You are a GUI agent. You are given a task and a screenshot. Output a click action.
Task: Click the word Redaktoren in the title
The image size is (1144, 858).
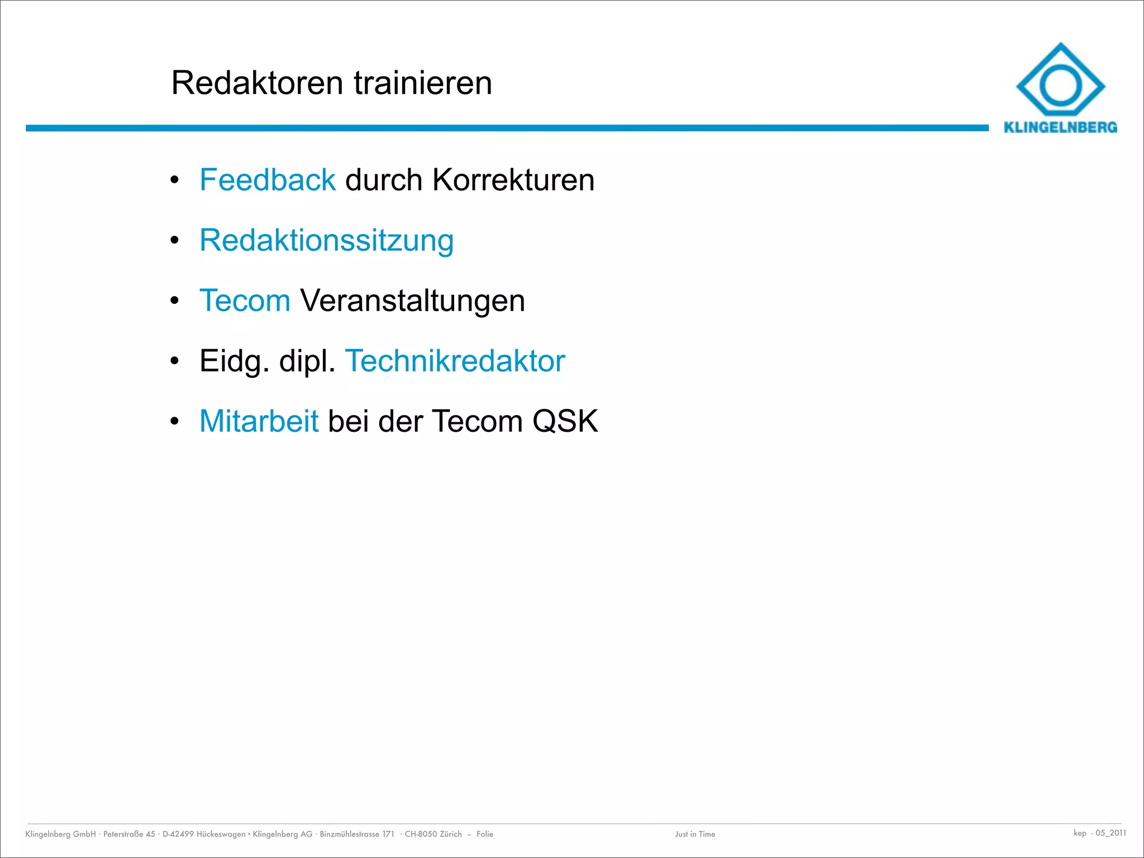[257, 83]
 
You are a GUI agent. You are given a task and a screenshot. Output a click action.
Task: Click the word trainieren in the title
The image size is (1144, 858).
[423, 83]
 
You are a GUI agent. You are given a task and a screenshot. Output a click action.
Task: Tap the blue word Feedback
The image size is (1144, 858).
[268, 180]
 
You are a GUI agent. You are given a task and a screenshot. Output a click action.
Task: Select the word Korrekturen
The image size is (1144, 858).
[513, 180]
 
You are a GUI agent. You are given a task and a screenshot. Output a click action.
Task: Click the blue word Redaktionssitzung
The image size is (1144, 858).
[326, 241]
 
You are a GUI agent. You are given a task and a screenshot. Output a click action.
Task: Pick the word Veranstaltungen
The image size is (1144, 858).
[412, 301]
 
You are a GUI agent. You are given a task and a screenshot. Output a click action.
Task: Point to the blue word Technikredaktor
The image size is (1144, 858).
[455, 361]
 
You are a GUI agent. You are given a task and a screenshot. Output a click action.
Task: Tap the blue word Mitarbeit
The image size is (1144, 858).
[259, 421]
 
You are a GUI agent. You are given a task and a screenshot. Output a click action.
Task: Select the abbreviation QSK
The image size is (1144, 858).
[565, 421]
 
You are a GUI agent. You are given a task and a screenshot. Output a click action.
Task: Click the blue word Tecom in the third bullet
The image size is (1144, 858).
[245, 301]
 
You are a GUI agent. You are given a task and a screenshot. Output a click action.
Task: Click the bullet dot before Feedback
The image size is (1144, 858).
[174, 180]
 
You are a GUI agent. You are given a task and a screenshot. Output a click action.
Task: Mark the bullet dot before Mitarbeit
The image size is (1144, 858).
[174, 422]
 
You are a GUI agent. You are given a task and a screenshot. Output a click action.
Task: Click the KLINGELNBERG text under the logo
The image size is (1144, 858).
[1060, 127]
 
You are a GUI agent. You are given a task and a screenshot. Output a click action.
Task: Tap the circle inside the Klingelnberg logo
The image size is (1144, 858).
[1060, 86]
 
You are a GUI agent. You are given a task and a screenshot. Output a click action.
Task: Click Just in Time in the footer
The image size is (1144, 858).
[695, 834]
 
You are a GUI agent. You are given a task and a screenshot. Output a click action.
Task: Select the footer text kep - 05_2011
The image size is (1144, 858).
[1099, 833]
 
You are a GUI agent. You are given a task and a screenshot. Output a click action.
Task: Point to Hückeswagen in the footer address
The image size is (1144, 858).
[221, 834]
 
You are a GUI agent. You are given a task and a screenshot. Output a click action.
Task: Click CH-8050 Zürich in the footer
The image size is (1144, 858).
[433, 834]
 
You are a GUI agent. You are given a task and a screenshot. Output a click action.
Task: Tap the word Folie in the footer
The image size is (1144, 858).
[485, 834]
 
